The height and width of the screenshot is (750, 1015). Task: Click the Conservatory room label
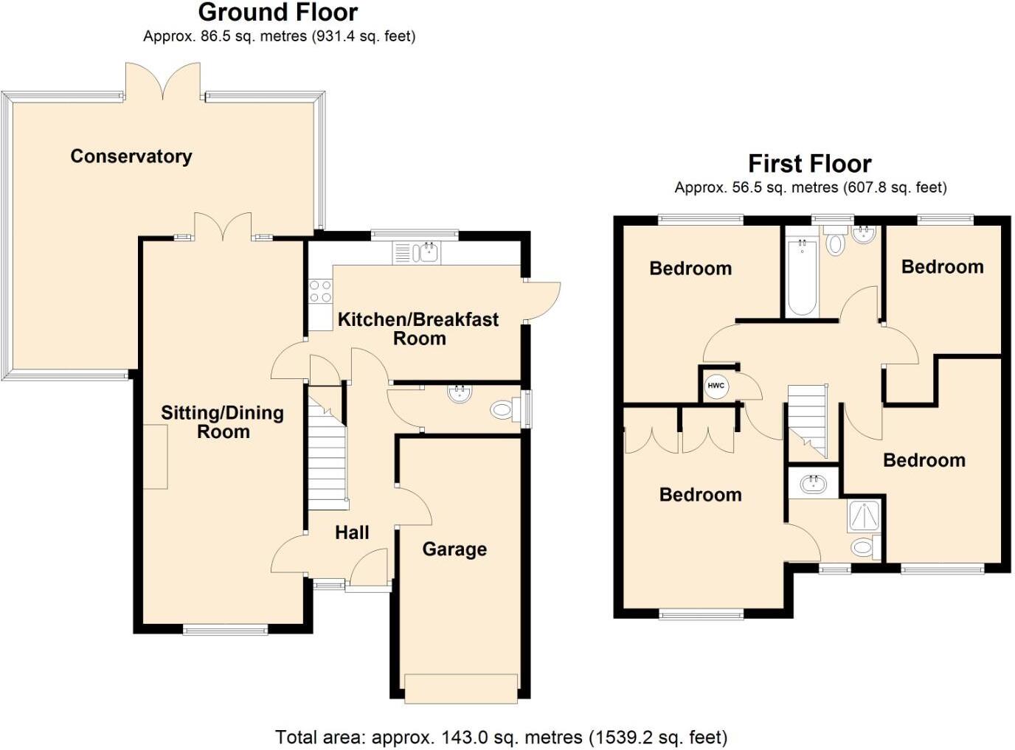coord(131,156)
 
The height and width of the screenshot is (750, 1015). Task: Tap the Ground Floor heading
coord(278,13)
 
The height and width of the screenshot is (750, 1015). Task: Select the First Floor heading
coord(809,163)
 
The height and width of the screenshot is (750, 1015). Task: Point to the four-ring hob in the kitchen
coord(320,291)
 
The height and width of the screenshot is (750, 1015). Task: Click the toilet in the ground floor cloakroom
coord(503,409)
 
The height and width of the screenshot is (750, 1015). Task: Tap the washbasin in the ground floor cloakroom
coord(460,393)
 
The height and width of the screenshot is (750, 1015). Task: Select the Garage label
coord(454,549)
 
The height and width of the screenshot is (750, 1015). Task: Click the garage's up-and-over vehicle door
coord(461,688)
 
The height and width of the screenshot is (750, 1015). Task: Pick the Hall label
coord(352,532)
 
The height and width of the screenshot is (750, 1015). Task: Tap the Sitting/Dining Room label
coord(223,422)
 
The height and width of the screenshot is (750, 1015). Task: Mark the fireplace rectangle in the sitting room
coord(155,457)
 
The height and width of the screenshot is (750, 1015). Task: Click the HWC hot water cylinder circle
coord(716,386)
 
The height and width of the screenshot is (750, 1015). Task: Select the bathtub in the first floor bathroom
coord(802,279)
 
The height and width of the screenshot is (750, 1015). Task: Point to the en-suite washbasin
coord(814,485)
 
